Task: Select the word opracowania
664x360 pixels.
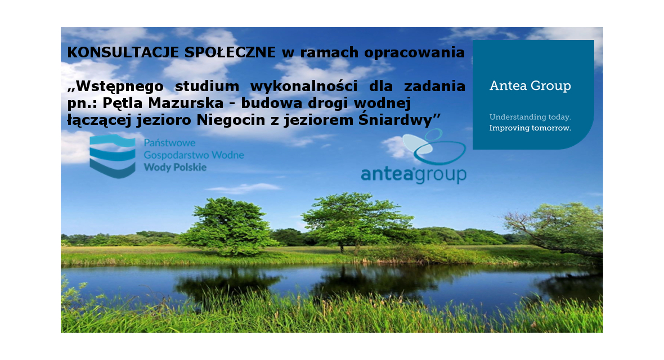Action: pyautogui.click(x=415, y=53)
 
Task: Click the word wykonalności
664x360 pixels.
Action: pyautogui.click(x=304, y=87)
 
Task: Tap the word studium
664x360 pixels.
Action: pyautogui.click(x=207, y=87)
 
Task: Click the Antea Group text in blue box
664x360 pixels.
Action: pyautogui.click(x=530, y=86)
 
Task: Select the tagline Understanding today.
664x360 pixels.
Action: pyautogui.click(x=530, y=118)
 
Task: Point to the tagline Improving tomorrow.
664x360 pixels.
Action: pyautogui.click(x=530, y=128)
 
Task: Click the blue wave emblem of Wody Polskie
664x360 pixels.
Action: pyautogui.click(x=113, y=156)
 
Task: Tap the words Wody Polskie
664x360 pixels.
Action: pyautogui.click(x=175, y=167)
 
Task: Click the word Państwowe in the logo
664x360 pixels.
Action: pyautogui.click(x=169, y=143)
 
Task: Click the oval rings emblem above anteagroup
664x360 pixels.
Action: pyautogui.click(x=434, y=147)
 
